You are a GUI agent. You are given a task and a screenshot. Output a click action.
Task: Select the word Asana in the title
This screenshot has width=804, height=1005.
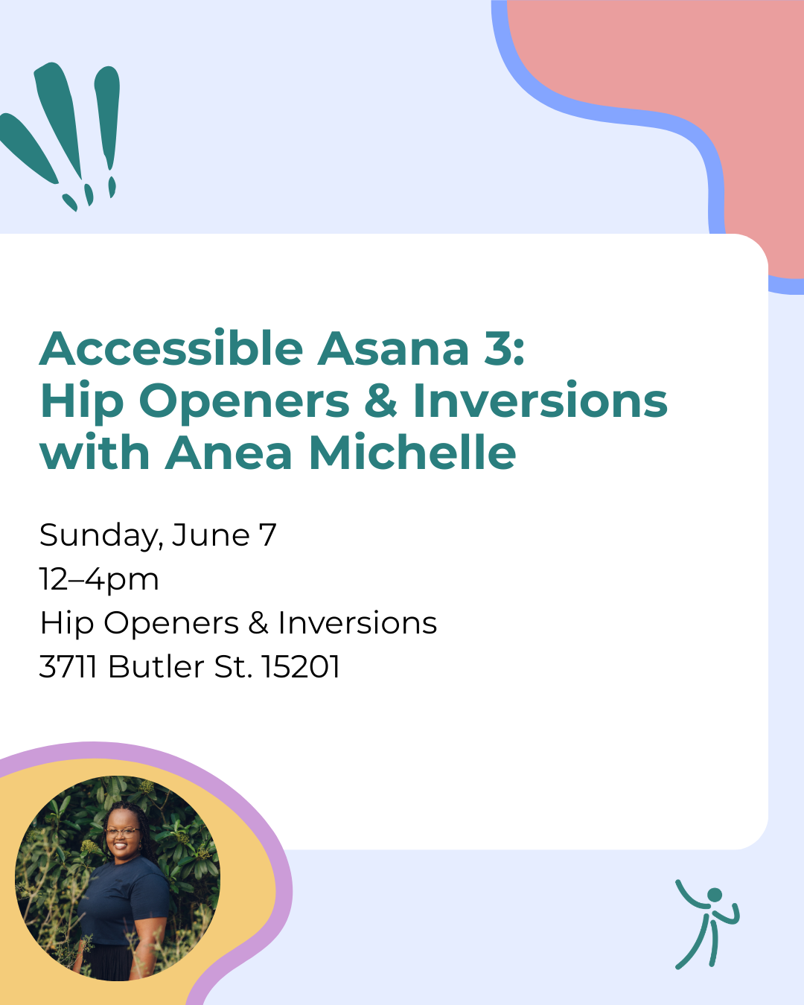tap(393, 348)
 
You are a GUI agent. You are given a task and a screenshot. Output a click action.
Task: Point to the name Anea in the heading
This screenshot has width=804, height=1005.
tap(229, 453)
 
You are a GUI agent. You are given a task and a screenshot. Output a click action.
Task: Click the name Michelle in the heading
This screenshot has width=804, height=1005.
tap(412, 453)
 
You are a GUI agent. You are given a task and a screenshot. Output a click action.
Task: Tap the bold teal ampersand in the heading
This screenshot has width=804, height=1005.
tap(380, 401)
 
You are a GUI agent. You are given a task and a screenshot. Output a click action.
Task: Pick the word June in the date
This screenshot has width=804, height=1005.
tap(211, 535)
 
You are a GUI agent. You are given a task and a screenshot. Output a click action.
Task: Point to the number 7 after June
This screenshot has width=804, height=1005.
tap(267, 535)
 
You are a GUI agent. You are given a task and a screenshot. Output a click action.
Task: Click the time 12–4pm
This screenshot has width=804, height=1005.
tap(99, 580)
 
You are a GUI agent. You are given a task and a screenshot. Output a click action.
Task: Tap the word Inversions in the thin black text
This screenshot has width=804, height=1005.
tap(357, 623)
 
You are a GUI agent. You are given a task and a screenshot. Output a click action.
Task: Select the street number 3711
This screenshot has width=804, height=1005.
tap(68, 667)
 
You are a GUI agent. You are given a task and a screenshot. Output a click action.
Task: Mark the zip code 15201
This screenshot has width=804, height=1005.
tap(301, 667)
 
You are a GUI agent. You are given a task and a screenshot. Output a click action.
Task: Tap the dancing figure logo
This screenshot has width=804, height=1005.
tap(706, 923)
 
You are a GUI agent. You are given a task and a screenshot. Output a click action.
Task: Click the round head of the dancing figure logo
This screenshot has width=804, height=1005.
tap(715, 895)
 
